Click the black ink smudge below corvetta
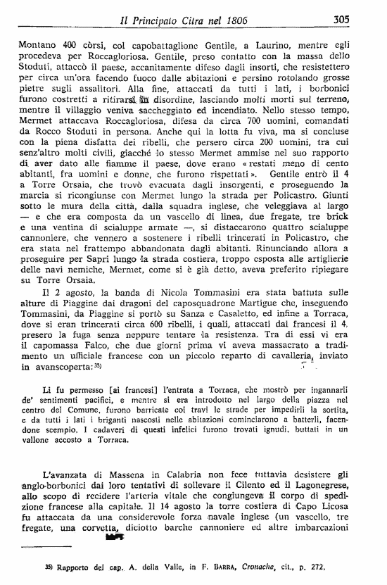(114, 538)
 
